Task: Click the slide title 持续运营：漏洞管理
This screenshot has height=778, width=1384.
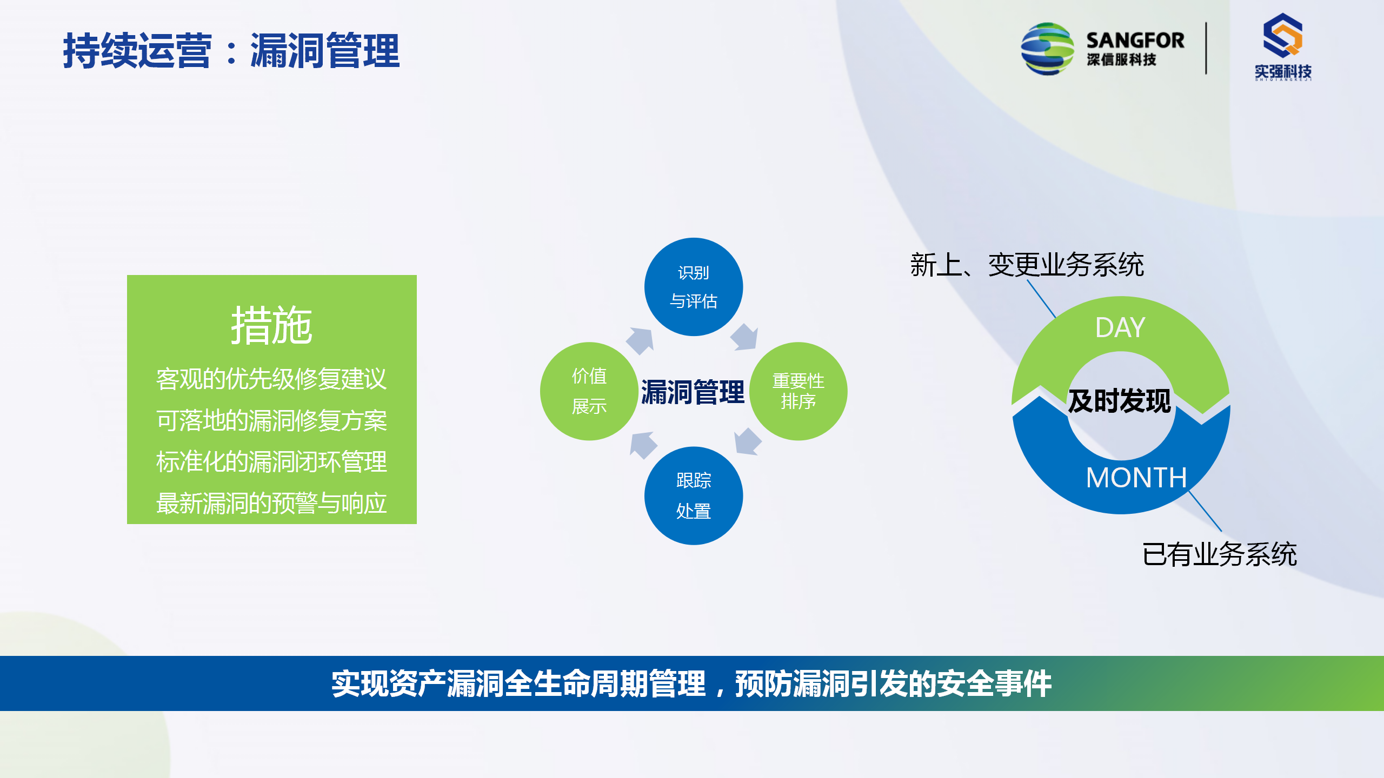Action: coord(231,51)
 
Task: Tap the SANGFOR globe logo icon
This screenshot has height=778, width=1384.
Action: coord(1047,49)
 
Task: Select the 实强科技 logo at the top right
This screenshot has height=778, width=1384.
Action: coord(1283,47)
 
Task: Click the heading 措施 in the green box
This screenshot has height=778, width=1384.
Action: coord(271,325)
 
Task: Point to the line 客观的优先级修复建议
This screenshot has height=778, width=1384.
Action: coord(271,379)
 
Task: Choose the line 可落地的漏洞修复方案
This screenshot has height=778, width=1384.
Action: coord(271,420)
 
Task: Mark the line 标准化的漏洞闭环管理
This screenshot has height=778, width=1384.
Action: coord(271,462)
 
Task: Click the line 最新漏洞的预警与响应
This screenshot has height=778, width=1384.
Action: coord(271,503)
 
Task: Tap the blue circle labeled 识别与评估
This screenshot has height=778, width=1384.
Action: coord(694,287)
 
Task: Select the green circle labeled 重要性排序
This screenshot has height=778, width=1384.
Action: coord(798,391)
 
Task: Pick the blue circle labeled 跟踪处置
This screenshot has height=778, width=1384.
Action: coord(694,495)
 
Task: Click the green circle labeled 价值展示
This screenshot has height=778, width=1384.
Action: coord(589,391)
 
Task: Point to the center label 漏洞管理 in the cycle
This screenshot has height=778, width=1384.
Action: coord(693,392)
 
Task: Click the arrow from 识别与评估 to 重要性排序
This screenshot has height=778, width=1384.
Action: coord(745,337)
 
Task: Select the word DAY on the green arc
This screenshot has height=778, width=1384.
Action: coord(1120,327)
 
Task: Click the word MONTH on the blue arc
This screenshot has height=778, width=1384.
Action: coord(1136,478)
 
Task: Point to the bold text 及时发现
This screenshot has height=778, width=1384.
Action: coord(1120,401)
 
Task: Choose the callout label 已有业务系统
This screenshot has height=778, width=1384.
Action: coord(1220,554)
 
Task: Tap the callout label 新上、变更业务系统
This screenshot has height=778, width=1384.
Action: coord(1027,265)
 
